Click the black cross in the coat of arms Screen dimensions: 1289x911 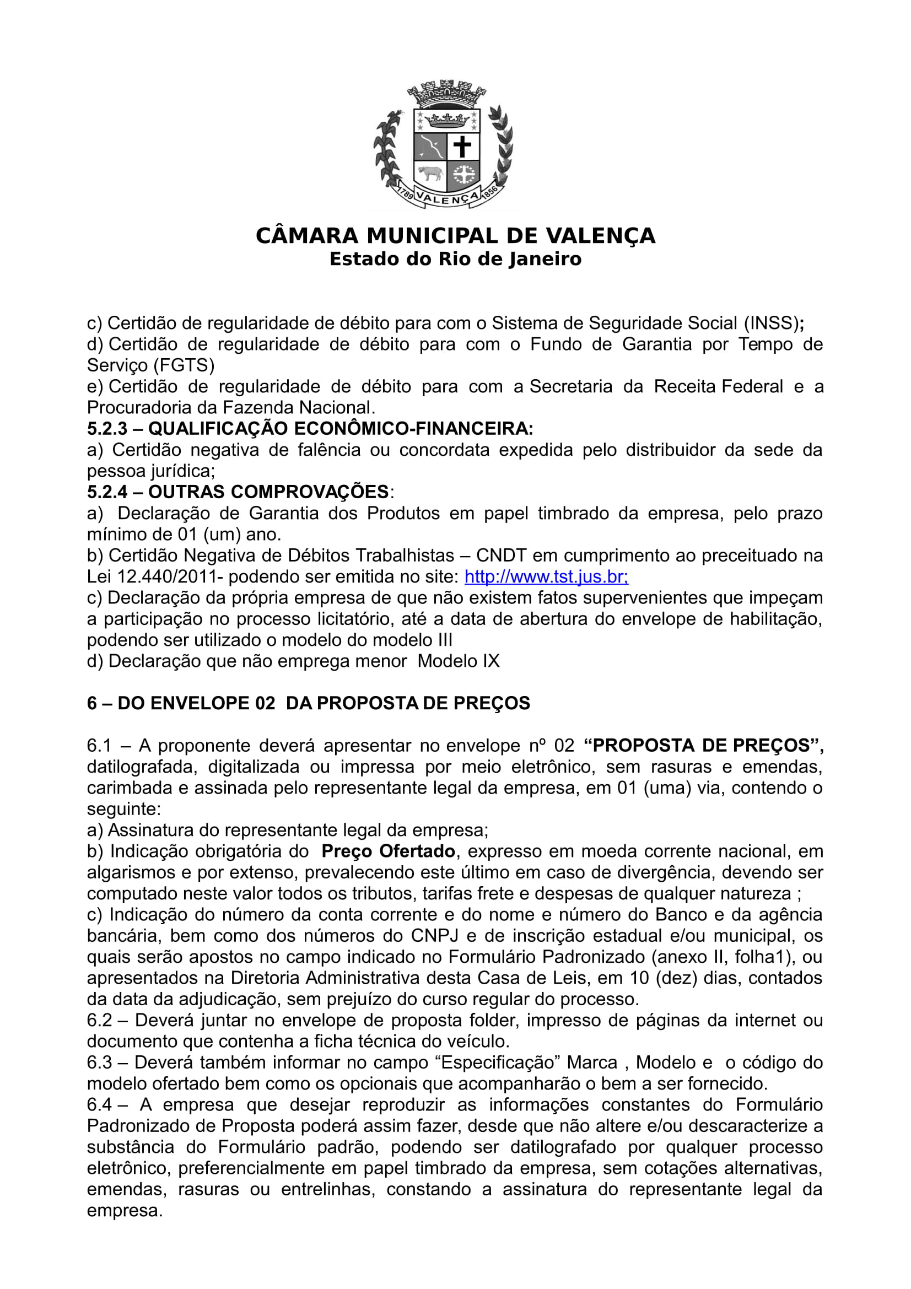tap(462, 147)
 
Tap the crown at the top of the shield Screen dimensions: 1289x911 tap(448, 119)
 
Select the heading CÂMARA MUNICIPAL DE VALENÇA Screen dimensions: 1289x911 tap(455, 236)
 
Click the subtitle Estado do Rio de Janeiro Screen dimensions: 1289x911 tap(455, 260)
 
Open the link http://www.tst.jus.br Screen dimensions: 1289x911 tap(546, 576)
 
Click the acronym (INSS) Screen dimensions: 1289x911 tap(771, 323)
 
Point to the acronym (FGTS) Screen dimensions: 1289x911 tap(184, 365)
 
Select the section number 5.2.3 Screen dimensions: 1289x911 tap(107, 429)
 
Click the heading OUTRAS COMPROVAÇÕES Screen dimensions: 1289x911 tap(268, 492)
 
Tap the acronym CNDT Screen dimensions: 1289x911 tap(502, 556)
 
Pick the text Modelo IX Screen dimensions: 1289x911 tap(458, 661)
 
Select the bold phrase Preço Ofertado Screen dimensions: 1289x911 tap(388, 851)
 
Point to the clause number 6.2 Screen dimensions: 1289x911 tap(99, 1021)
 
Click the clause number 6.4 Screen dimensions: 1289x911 tap(99, 1105)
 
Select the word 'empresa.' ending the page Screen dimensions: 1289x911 tap(125, 1211)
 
